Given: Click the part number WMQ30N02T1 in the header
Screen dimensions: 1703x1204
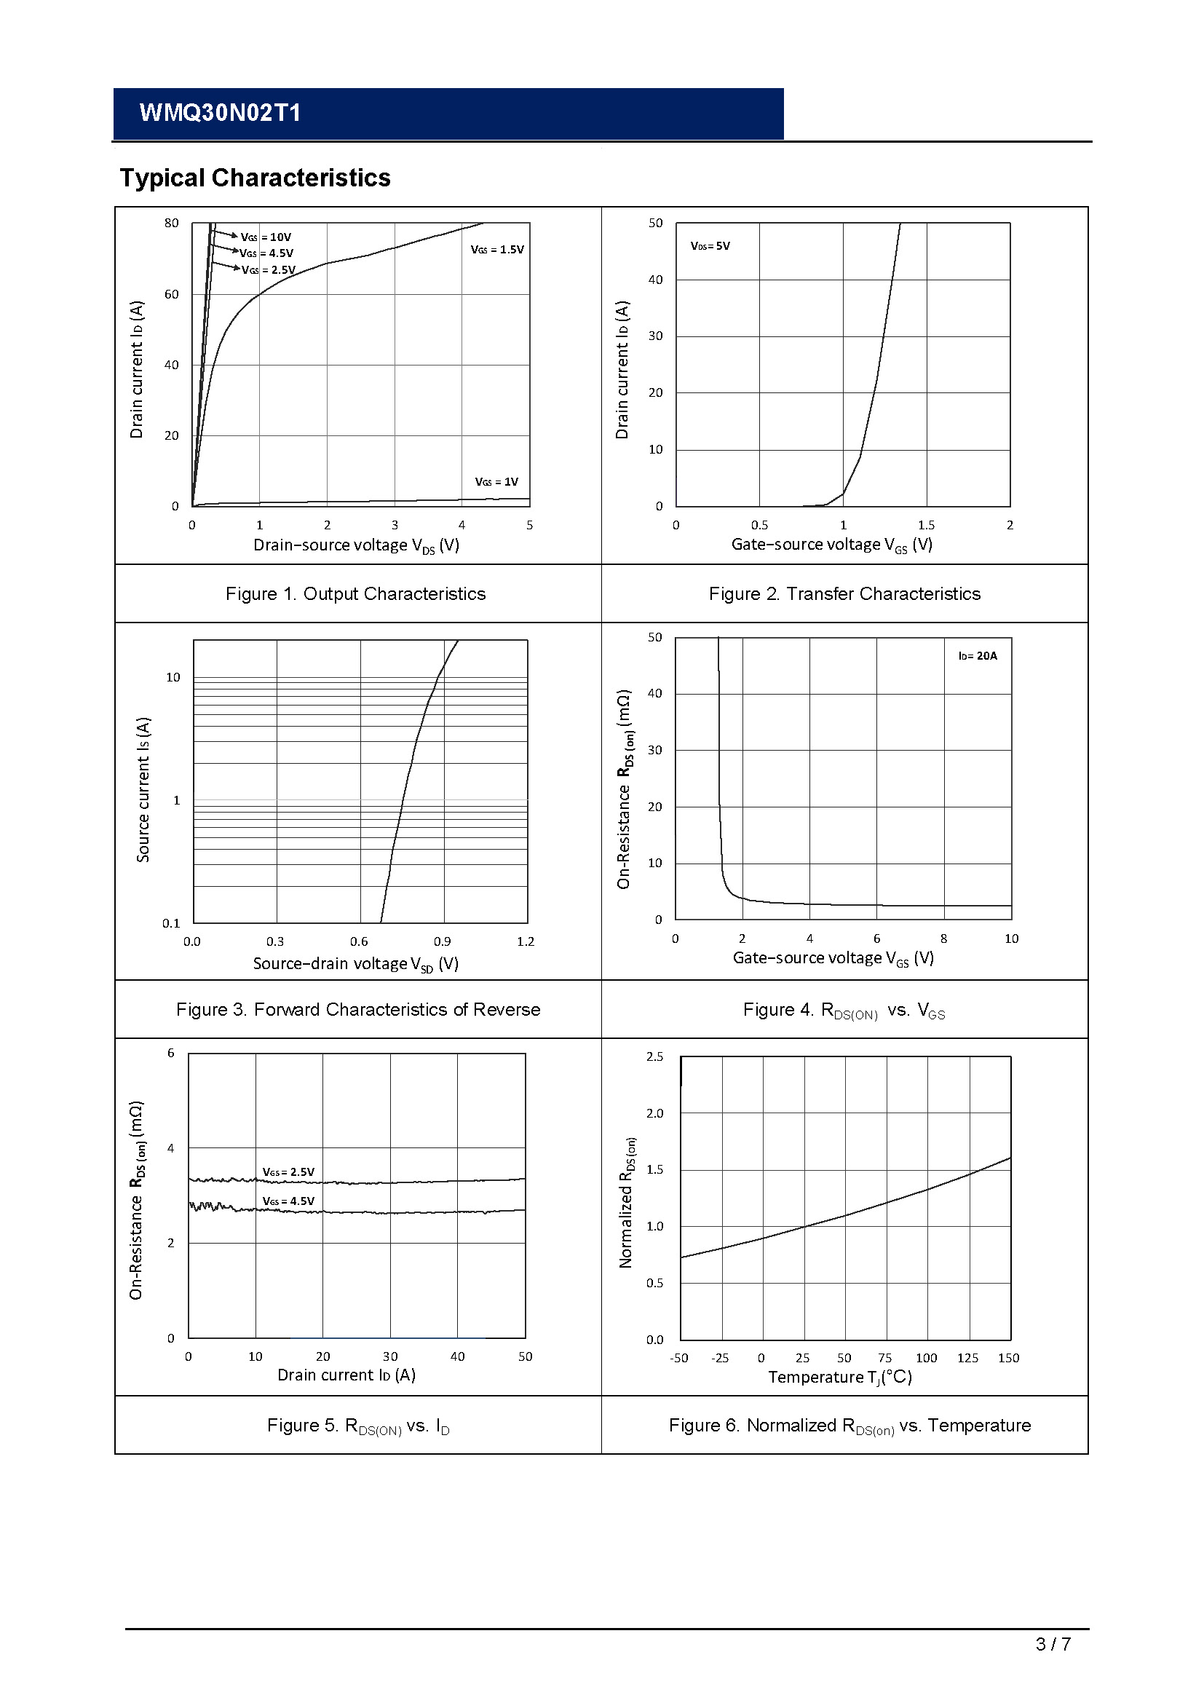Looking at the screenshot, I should pos(220,113).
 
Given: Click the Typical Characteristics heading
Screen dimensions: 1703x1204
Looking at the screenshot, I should pos(255,178).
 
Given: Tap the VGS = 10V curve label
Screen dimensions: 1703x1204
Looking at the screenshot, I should pos(266,237).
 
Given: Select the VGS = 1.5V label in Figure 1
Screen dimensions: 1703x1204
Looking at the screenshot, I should pos(496,250).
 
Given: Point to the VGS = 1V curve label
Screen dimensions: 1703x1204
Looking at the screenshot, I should pos(496,482).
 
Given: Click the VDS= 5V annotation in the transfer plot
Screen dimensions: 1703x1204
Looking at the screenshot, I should pos(710,246).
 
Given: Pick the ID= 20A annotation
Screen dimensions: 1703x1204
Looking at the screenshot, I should pos(977,656).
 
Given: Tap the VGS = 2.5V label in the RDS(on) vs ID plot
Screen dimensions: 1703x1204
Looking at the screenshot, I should pos(288,1172).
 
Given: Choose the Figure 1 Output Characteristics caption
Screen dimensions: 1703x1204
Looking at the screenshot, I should pos(356,594).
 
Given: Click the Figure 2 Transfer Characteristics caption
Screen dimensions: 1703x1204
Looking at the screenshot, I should pos(844,594).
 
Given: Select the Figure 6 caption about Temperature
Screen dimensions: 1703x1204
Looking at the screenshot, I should pos(849,1426).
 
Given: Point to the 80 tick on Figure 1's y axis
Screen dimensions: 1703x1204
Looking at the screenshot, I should pos(172,224).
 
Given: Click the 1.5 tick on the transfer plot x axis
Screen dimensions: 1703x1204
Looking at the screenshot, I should pos(926,525).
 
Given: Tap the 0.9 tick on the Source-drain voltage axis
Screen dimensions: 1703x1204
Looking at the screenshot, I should pos(442,941).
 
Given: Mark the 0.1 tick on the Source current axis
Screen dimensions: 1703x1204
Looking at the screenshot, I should pos(171,923).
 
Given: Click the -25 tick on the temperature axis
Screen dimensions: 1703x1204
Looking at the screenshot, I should pos(720,1358).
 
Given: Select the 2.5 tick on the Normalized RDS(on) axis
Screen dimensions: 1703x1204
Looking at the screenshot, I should pos(654,1056).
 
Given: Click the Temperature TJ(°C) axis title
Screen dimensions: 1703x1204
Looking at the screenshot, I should pos(840,1378).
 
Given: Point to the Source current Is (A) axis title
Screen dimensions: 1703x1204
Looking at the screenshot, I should pos(143,789).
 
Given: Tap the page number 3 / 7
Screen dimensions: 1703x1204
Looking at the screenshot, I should pos(1053,1645).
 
